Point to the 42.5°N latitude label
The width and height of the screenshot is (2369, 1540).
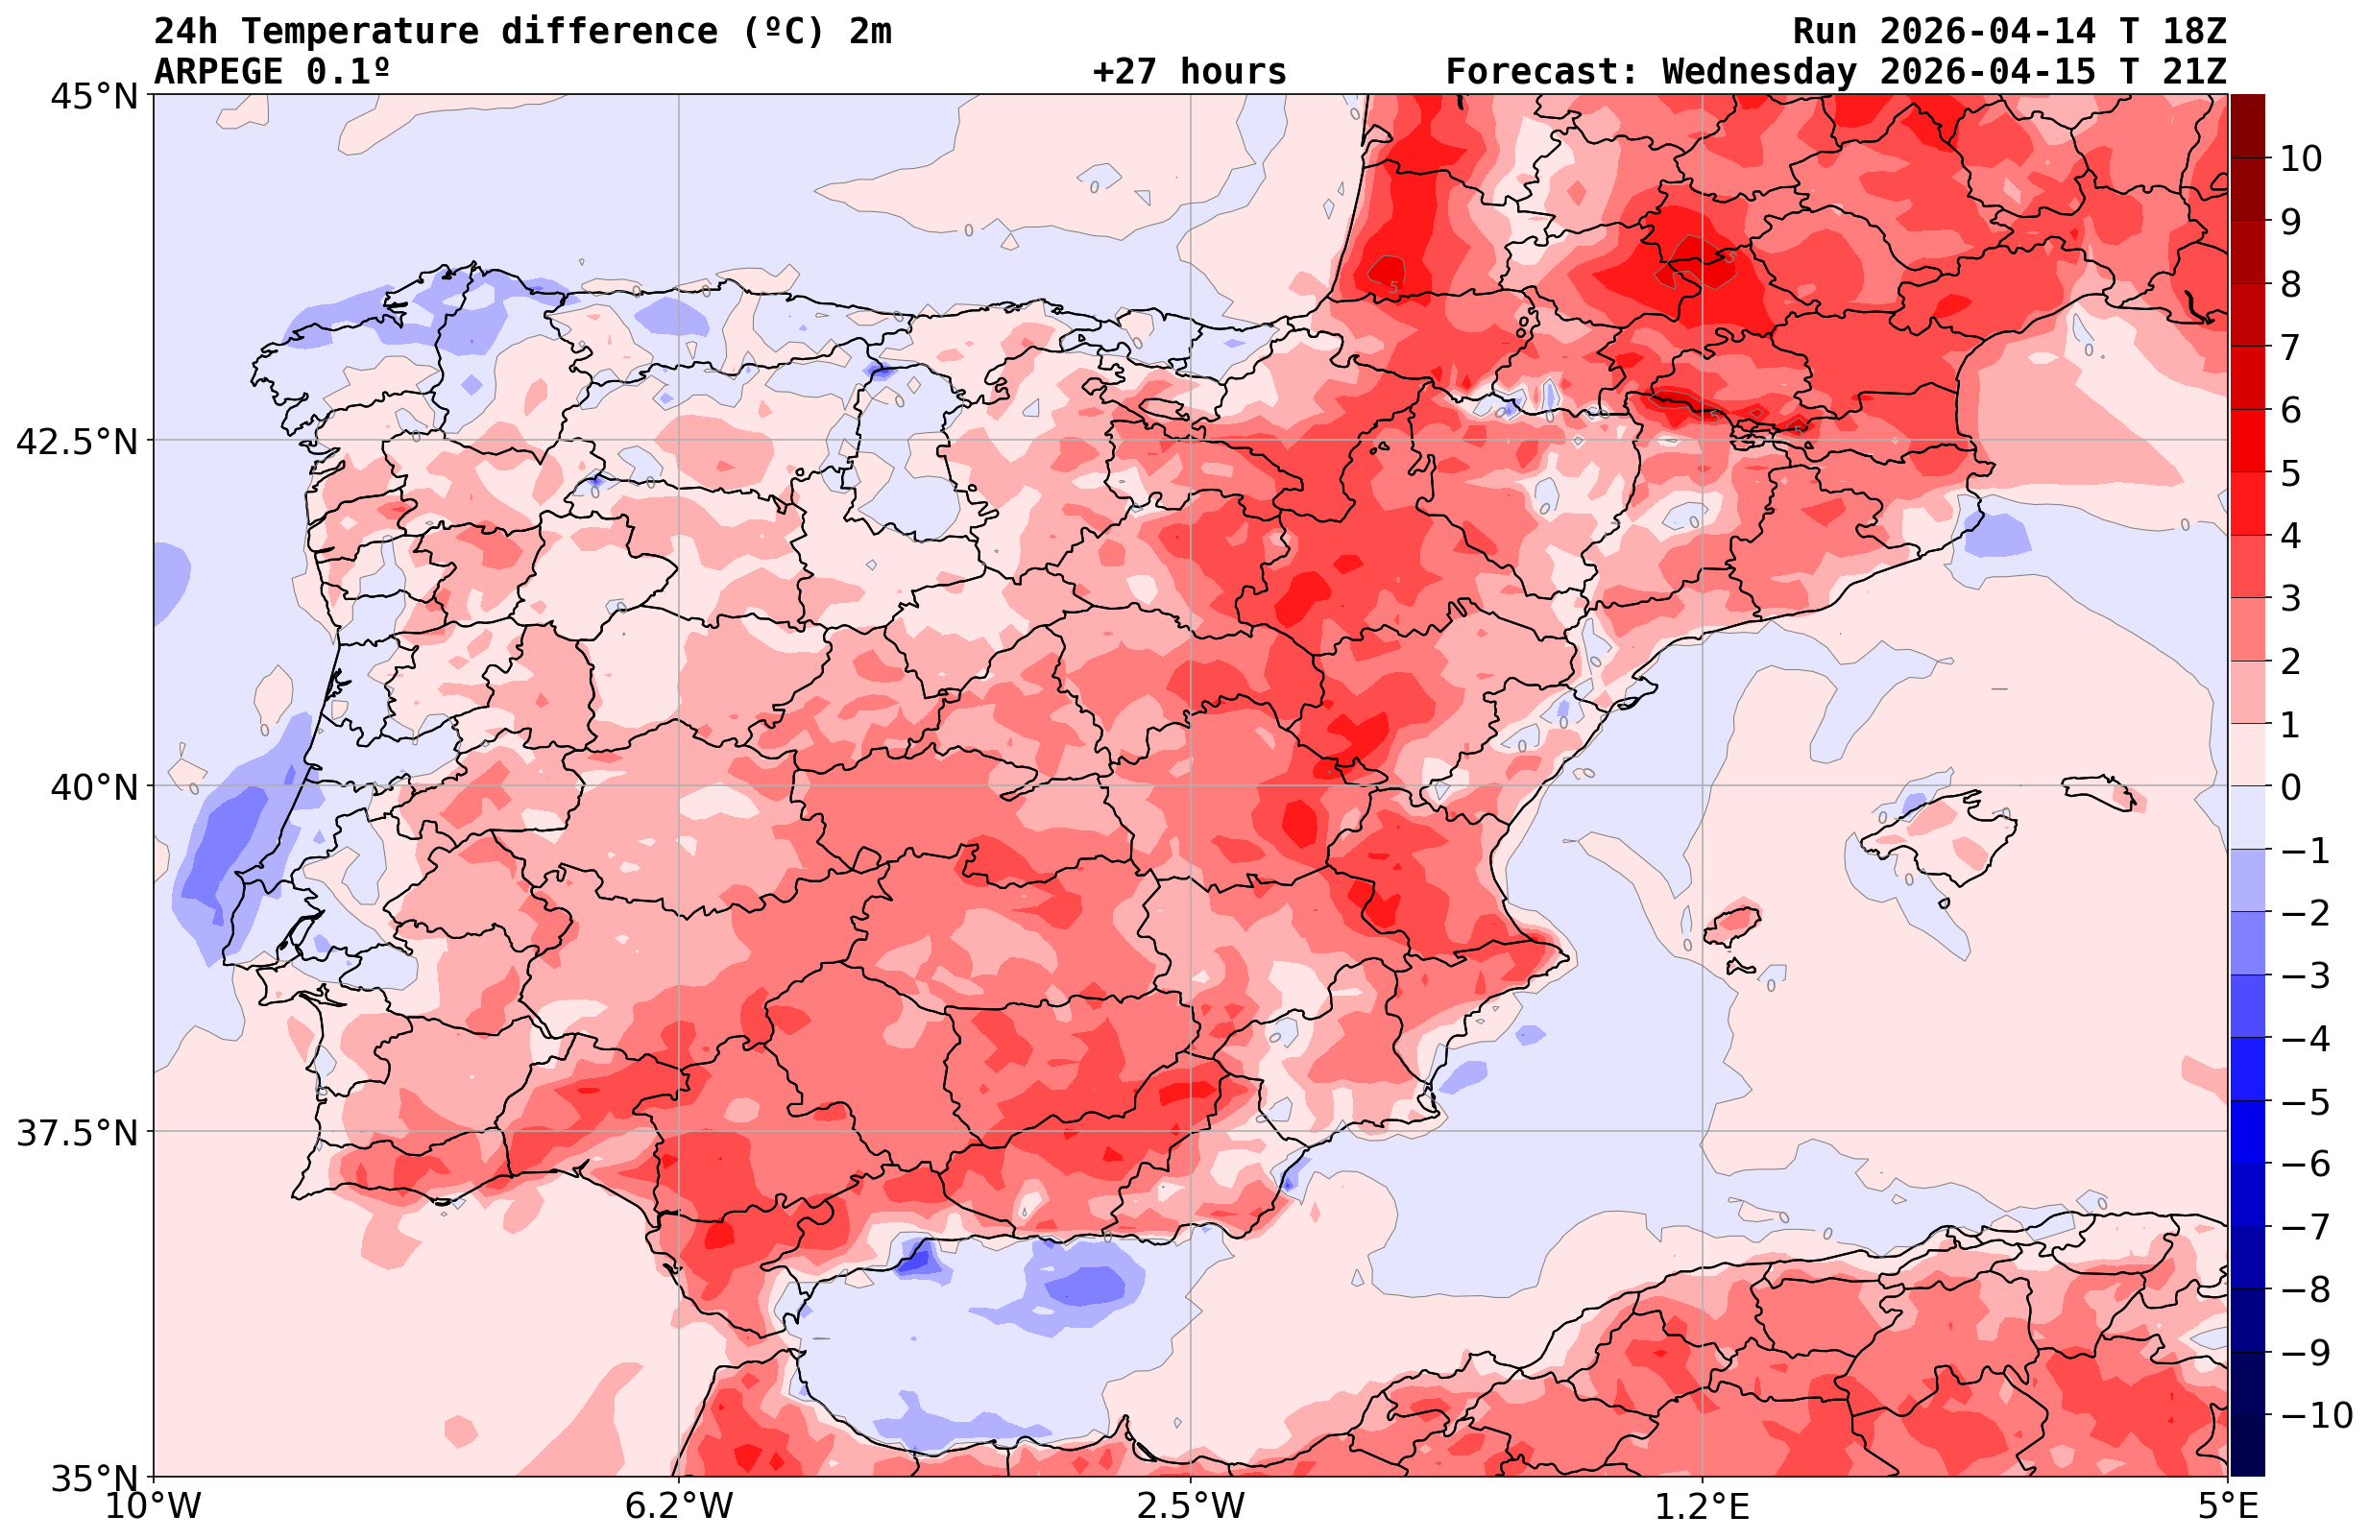76,441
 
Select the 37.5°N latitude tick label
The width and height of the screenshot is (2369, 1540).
76,1133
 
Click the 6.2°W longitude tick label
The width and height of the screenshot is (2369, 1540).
678,1506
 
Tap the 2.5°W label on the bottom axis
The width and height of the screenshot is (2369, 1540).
1191,1506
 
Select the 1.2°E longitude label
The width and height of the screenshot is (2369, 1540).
1703,1506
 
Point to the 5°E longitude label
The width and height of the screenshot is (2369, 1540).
2228,1506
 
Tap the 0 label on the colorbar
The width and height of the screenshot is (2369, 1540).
2290,787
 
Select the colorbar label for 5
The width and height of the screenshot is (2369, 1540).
2290,473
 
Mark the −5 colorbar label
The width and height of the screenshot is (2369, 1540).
2306,1102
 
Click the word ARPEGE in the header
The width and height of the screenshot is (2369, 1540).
219,72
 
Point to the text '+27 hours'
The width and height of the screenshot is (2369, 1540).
1189,72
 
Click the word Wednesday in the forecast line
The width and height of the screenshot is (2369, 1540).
1759,72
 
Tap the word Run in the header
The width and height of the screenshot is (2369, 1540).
1825,32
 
